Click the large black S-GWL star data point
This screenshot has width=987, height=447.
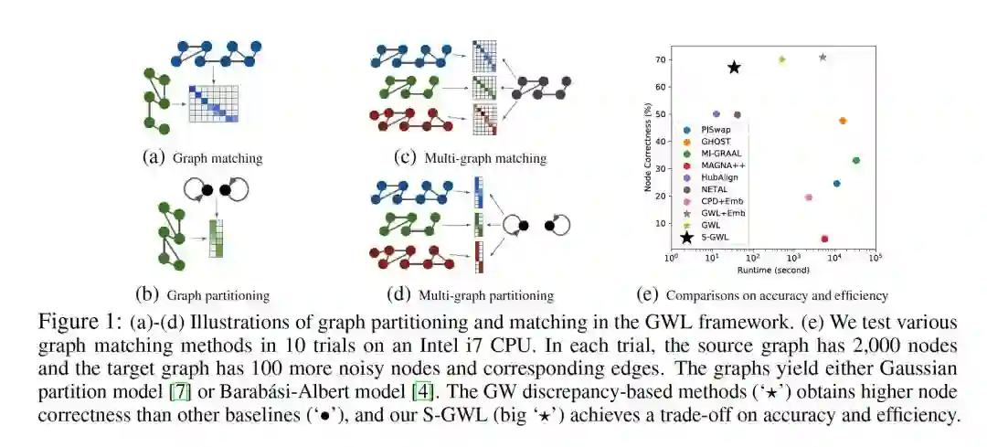(734, 68)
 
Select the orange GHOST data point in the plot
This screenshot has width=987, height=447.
(843, 121)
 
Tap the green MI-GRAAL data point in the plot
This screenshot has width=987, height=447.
(856, 160)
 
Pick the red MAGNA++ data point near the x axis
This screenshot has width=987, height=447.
(824, 239)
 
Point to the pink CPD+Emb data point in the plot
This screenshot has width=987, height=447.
(808, 197)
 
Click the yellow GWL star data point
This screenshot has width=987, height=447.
(781, 59)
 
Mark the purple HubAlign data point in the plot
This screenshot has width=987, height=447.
(716, 114)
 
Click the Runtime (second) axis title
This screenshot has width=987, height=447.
(773, 271)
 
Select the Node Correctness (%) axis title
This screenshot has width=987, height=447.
(648, 147)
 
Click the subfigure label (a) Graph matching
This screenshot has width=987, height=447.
(203, 157)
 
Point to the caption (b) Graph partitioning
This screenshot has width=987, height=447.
(202, 294)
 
